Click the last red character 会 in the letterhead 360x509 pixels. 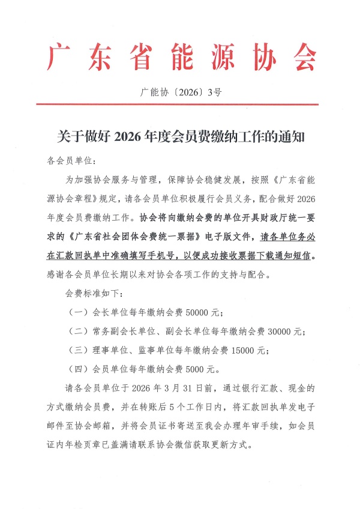click(x=302, y=58)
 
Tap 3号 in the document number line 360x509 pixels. click(x=214, y=92)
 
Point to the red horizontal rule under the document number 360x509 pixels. click(x=180, y=105)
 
